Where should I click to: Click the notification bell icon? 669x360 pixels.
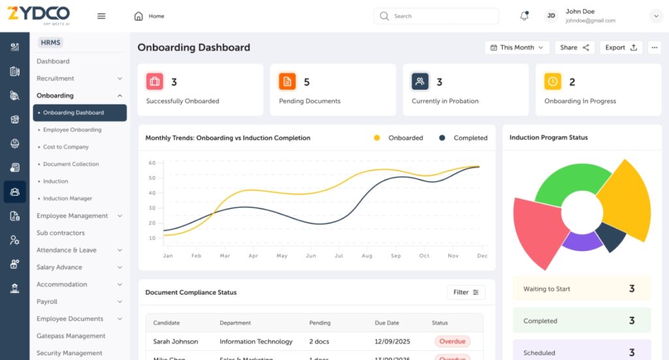(x=524, y=16)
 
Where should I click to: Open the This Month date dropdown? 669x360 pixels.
(x=516, y=48)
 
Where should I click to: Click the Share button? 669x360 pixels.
(x=574, y=48)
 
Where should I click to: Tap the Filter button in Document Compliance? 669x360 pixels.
(x=466, y=292)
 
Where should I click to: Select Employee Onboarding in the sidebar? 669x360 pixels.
(x=72, y=130)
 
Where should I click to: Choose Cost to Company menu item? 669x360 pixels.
(x=66, y=147)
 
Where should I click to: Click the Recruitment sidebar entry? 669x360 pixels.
(x=56, y=78)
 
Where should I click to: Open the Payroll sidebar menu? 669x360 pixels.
(x=47, y=302)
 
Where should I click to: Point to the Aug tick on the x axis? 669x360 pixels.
(x=367, y=256)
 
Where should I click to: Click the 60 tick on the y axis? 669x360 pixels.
(x=152, y=163)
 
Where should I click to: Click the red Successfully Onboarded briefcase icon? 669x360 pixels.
(x=155, y=82)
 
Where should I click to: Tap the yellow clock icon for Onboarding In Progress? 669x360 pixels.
(x=553, y=82)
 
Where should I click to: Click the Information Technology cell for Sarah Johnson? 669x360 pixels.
(x=256, y=342)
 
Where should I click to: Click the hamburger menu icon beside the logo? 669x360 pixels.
(x=101, y=16)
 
